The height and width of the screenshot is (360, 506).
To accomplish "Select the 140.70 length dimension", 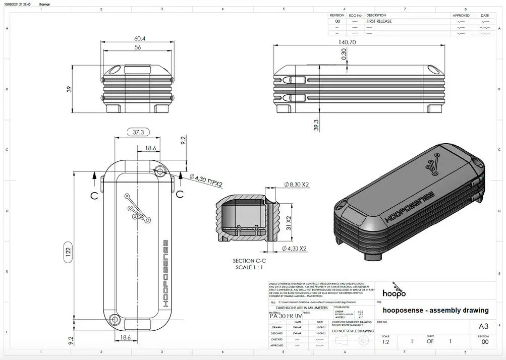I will [347, 42].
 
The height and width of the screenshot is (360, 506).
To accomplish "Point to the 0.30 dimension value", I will [344, 54].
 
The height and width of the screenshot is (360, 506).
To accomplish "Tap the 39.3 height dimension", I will [317, 125].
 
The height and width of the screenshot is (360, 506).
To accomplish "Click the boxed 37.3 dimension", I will [138, 132].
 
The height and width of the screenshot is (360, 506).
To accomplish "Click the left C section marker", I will [94, 196].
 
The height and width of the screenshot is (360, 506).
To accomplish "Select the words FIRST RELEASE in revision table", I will [379, 22].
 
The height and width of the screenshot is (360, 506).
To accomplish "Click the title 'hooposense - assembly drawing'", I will [435, 310].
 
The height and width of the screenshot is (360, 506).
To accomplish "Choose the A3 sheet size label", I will [483, 326].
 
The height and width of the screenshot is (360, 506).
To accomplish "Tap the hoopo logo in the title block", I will [393, 291].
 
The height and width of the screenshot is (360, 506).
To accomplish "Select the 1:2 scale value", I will [386, 342].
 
